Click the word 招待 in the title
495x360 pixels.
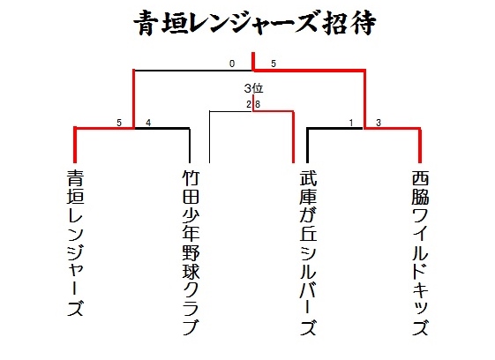click(x=349, y=23)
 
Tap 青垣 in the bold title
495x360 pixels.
click(x=161, y=23)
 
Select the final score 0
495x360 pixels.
click(x=232, y=64)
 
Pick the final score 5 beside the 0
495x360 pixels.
click(x=274, y=64)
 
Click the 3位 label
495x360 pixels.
click(x=253, y=88)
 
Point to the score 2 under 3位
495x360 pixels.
click(x=249, y=104)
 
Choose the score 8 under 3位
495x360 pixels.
click(x=258, y=104)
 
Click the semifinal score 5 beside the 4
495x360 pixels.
click(x=119, y=123)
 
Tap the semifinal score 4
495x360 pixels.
click(x=148, y=123)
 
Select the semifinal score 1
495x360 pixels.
click(x=350, y=123)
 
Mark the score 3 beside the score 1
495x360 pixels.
click(x=379, y=123)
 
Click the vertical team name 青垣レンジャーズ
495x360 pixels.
click(x=76, y=244)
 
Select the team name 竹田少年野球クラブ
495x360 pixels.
click(x=191, y=252)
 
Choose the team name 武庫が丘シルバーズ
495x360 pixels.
click(x=308, y=252)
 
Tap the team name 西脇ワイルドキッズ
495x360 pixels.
click(x=421, y=252)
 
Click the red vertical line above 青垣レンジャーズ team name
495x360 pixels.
click(x=75, y=145)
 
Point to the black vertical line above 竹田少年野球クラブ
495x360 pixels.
click(x=190, y=145)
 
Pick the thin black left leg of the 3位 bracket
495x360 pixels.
click(x=210, y=137)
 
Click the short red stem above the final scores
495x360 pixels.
click(x=253, y=61)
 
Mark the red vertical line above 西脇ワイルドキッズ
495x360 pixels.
click(x=420, y=145)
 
